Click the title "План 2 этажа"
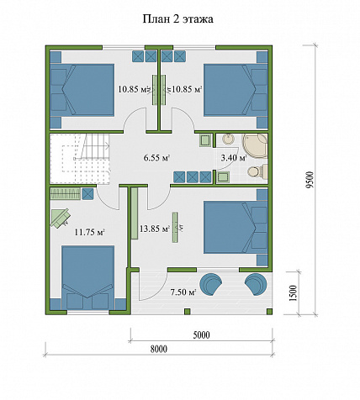click(178, 19)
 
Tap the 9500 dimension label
click(309, 180)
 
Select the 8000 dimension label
click(158, 349)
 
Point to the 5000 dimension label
click(201, 334)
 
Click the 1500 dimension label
click(293, 293)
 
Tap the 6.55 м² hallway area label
click(157, 158)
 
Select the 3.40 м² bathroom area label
click(234, 158)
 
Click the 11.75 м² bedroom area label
click(90, 232)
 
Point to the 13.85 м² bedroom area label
click(155, 229)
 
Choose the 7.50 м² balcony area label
click(183, 292)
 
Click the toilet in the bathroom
click(257, 171)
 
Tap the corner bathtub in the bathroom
click(255, 146)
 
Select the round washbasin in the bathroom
click(230, 139)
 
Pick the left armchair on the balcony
click(212, 284)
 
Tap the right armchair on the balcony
click(256, 284)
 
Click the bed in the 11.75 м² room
click(87, 277)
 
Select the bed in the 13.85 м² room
click(236, 227)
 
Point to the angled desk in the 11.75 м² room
click(60, 218)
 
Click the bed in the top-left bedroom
click(82, 90)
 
